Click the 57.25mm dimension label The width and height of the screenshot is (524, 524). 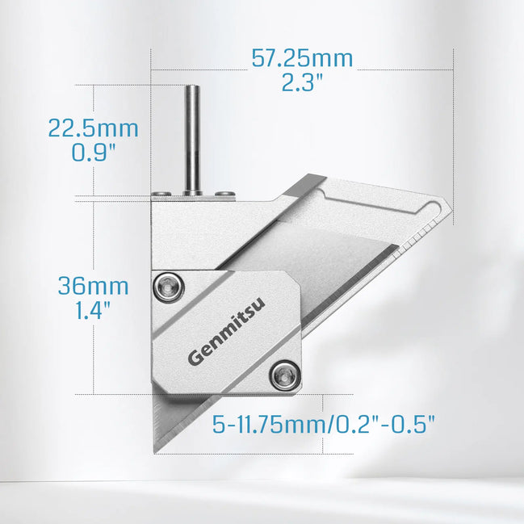click(302, 58)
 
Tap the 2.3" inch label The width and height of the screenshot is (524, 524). click(302, 82)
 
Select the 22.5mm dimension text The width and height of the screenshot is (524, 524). click(93, 128)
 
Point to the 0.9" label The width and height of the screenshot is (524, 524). click(93, 153)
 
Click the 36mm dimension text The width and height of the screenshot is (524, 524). click(93, 287)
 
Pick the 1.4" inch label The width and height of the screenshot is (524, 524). click(93, 311)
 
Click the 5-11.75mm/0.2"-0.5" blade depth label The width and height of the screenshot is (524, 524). click(324, 425)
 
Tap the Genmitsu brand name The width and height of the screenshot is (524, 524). click(227, 330)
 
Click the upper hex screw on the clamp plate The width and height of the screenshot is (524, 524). click(169, 287)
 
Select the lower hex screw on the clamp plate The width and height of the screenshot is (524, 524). click(285, 376)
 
